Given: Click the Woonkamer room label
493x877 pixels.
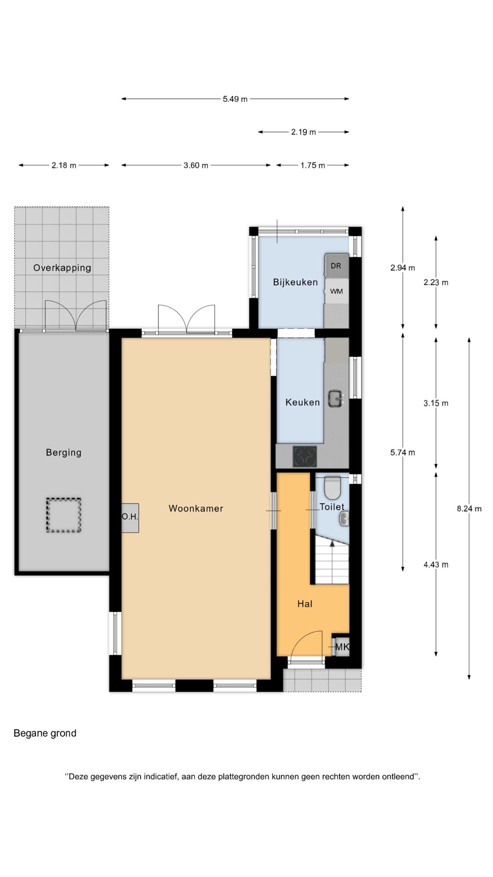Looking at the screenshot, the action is tap(195, 508).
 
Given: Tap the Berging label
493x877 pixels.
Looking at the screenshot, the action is tap(64, 453).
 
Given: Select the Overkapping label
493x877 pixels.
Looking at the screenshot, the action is tap(62, 268).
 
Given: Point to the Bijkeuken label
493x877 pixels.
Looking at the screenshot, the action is tap(295, 282).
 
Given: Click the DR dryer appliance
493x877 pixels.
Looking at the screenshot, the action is tap(337, 266).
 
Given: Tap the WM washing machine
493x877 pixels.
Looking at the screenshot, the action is tap(337, 291).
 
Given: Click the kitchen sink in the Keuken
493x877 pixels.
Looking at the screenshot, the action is tap(336, 398).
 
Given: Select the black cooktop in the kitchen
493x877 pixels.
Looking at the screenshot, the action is tap(305, 456).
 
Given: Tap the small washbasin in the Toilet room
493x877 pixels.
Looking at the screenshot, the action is tap(344, 518).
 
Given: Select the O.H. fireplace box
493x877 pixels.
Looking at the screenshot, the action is tap(130, 518).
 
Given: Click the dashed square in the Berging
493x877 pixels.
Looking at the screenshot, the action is tap(64, 515).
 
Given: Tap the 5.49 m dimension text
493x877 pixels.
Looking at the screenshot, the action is tap(235, 99).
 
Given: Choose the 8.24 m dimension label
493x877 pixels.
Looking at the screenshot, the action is tap(469, 509).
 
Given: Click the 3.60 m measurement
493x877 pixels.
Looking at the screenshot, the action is tap(196, 165).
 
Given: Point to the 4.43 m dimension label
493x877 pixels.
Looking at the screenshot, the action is tap(436, 565).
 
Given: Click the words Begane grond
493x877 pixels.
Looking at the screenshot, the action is tap(45, 733).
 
